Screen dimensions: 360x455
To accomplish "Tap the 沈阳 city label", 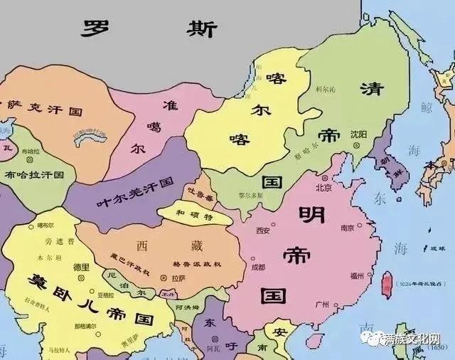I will click(359, 135).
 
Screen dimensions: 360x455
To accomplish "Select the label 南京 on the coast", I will click(347, 228).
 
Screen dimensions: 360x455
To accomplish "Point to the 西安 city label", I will click(263, 230).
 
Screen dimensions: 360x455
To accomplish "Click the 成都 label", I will click(257, 267).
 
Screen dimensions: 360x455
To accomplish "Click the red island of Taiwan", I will click(387, 284).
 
